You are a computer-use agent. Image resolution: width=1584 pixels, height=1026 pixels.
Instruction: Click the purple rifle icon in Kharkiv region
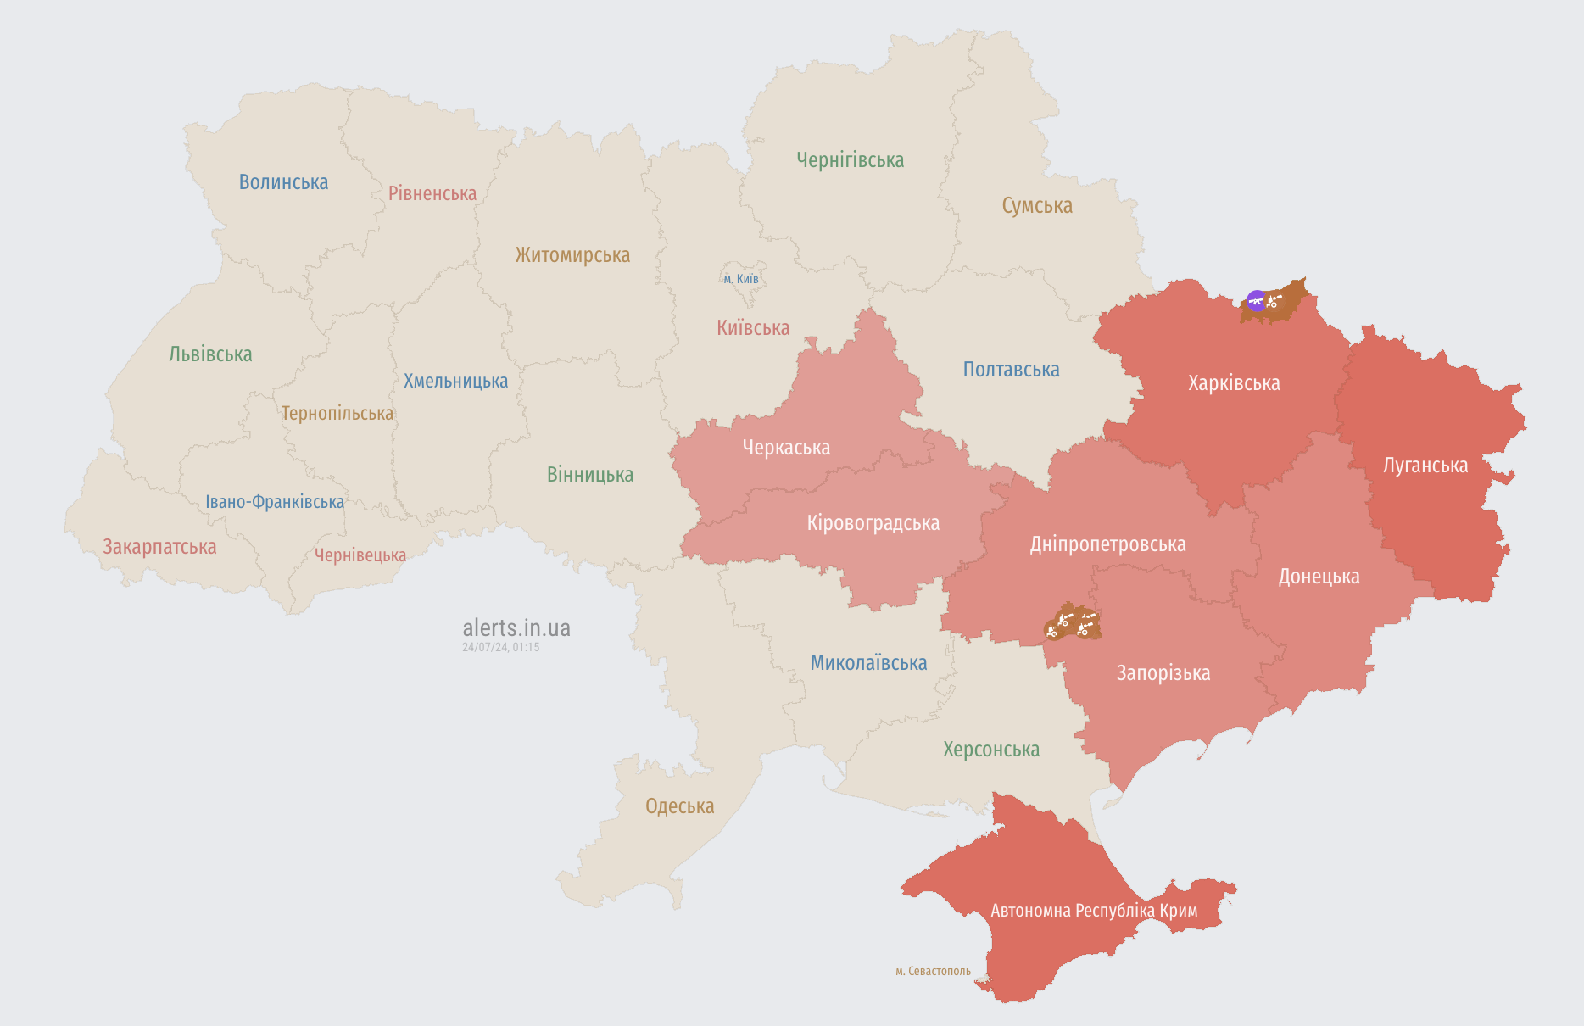pyautogui.click(x=1256, y=300)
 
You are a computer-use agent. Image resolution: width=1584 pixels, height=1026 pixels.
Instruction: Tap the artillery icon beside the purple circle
pyautogui.click(x=1274, y=300)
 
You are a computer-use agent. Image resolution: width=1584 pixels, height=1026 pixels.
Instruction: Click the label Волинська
pyautogui.click(x=283, y=182)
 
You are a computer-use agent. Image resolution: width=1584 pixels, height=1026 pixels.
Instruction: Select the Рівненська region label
pyautogui.click(x=432, y=193)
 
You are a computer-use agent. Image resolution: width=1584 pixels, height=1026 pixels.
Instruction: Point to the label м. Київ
pyautogui.click(x=741, y=279)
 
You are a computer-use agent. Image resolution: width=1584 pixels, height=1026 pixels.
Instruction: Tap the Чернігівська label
pyautogui.click(x=850, y=160)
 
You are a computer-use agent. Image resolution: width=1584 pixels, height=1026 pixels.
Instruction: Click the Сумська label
pyautogui.click(x=1036, y=206)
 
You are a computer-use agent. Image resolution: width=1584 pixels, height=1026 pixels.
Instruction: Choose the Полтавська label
pyautogui.click(x=1011, y=370)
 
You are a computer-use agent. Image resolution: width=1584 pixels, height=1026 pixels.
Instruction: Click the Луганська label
pyautogui.click(x=1425, y=466)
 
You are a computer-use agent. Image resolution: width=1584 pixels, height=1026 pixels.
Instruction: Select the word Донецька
pyautogui.click(x=1319, y=577)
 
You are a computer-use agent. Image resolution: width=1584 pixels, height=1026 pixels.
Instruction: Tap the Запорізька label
pyautogui.click(x=1163, y=673)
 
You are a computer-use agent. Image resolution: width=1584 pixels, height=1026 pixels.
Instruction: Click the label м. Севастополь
pyautogui.click(x=933, y=971)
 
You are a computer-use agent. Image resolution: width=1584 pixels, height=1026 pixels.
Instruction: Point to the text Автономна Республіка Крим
pyautogui.click(x=1094, y=911)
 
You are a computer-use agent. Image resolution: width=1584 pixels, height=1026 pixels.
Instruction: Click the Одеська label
pyautogui.click(x=679, y=806)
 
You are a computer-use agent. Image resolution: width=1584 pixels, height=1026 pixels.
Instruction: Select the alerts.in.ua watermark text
pyautogui.click(x=516, y=628)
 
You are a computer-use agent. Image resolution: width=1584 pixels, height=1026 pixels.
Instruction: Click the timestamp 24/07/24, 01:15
pyautogui.click(x=500, y=647)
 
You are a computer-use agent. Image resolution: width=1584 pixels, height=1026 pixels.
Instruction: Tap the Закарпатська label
pyautogui.click(x=159, y=547)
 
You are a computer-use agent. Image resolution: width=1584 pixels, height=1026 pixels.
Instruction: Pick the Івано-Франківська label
pyautogui.click(x=275, y=502)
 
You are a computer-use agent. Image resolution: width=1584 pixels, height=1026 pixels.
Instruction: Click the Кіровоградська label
pyautogui.click(x=873, y=523)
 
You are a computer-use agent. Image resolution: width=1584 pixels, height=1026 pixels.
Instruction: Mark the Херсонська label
pyautogui.click(x=990, y=750)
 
